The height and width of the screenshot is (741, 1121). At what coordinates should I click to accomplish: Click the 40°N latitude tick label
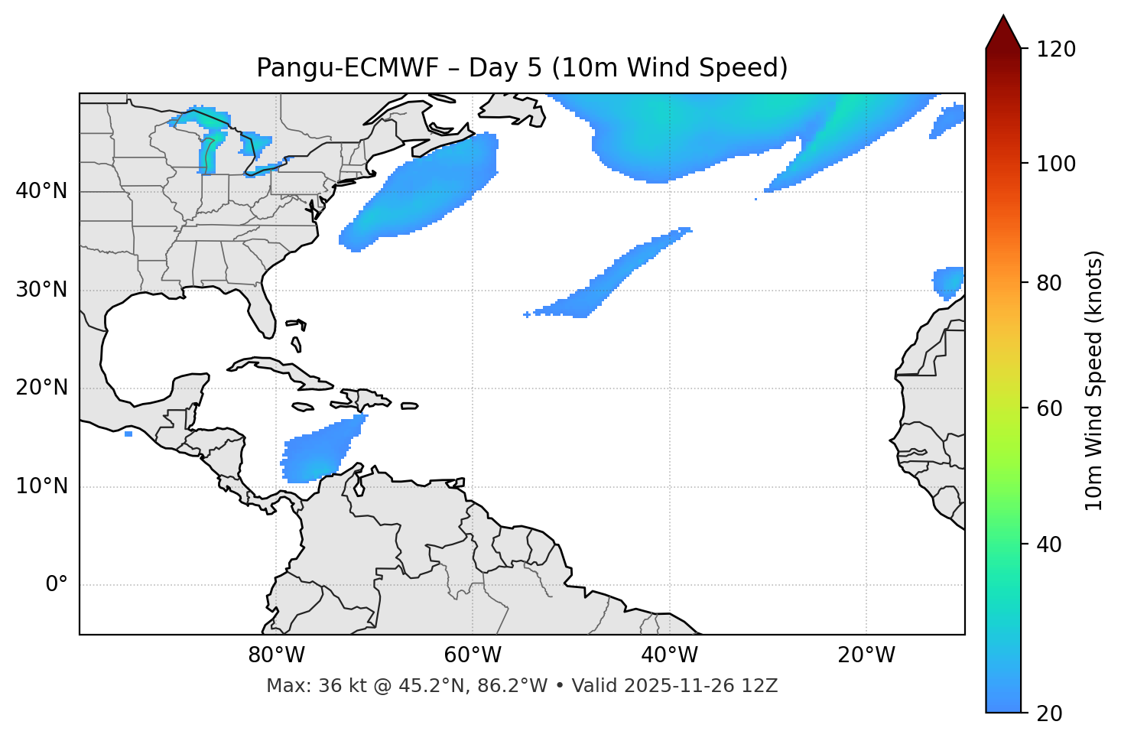click(41, 191)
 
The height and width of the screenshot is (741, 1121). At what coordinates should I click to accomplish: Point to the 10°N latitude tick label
click(41, 486)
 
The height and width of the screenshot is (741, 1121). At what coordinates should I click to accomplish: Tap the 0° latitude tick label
click(56, 585)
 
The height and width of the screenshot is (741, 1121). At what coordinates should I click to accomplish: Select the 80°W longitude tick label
click(276, 655)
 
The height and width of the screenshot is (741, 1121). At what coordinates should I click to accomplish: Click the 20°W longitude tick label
click(866, 655)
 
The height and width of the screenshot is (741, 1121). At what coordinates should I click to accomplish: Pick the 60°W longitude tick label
click(473, 655)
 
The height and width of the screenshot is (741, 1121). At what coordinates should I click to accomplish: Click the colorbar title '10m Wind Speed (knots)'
click(1094, 381)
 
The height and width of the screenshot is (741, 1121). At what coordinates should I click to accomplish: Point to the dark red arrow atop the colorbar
click(1003, 32)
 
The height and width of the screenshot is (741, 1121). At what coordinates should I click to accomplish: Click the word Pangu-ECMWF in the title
click(347, 68)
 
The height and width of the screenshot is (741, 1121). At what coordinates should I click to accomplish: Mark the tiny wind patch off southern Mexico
click(128, 434)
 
